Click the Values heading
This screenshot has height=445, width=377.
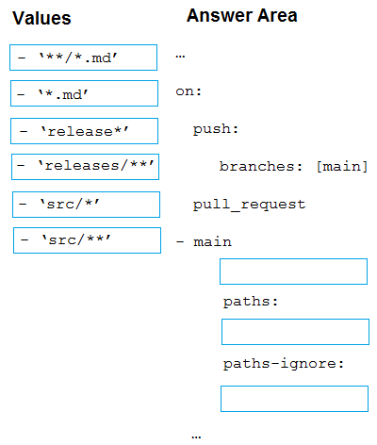click(41, 18)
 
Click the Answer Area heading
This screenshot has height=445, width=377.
click(242, 15)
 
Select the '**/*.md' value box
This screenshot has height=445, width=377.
click(83, 58)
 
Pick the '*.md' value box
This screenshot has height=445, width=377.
click(84, 93)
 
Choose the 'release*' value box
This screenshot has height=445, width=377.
click(84, 131)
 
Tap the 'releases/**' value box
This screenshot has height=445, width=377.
click(85, 167)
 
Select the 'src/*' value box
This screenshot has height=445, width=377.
click(86, 205)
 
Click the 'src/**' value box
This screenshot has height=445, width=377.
click(87, 240)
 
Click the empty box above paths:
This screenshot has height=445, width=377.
click(293, 272)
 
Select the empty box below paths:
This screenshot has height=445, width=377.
click(295, 332)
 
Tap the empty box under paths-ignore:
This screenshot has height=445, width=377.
click(294, 399)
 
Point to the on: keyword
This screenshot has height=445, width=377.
click(188, 91)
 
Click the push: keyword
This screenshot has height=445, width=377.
click(216, 129)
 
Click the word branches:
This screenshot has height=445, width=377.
click(261, 166)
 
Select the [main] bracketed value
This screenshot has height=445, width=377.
click(342, 167)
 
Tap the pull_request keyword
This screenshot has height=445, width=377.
click(249, 205)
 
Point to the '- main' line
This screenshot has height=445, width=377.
click(204, 242)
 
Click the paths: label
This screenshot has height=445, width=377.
click(251, 302)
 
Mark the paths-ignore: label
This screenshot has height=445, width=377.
click(284, 364)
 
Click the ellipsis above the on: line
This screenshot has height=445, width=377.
click(180, 57)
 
